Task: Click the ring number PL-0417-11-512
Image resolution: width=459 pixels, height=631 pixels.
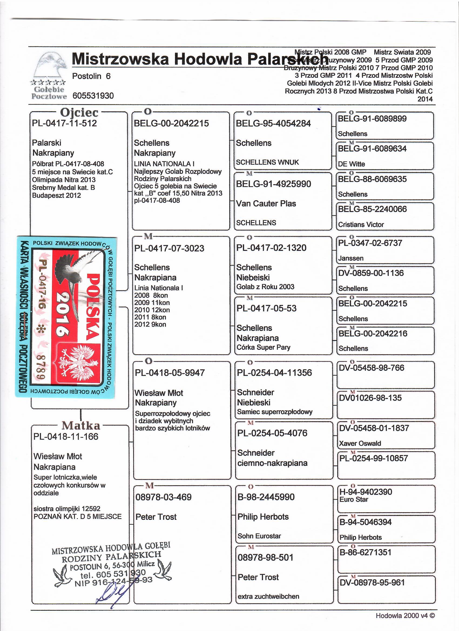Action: [64, 123]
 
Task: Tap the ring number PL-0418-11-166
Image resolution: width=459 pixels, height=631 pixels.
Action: [66, 436]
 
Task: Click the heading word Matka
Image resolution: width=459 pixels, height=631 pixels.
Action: [81, 425]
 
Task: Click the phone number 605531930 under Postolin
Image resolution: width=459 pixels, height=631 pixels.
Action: [93, 96]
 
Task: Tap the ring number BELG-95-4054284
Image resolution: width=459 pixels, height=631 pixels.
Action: [273, 124]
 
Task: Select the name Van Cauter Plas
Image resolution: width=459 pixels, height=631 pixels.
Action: [266, 204]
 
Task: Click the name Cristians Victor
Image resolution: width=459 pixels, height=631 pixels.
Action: [361, 225]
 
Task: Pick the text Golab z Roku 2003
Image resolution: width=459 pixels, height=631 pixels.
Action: [265, 287]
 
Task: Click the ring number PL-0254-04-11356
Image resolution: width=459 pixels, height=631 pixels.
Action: [274, 373]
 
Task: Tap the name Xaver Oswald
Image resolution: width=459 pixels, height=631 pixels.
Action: [360, 443]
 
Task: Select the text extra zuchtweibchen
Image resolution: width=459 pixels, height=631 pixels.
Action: [268, 596]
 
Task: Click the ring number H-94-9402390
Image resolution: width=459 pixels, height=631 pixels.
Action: [366, 492]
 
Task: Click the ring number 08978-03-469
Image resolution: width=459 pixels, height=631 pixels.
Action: [163, 497]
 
